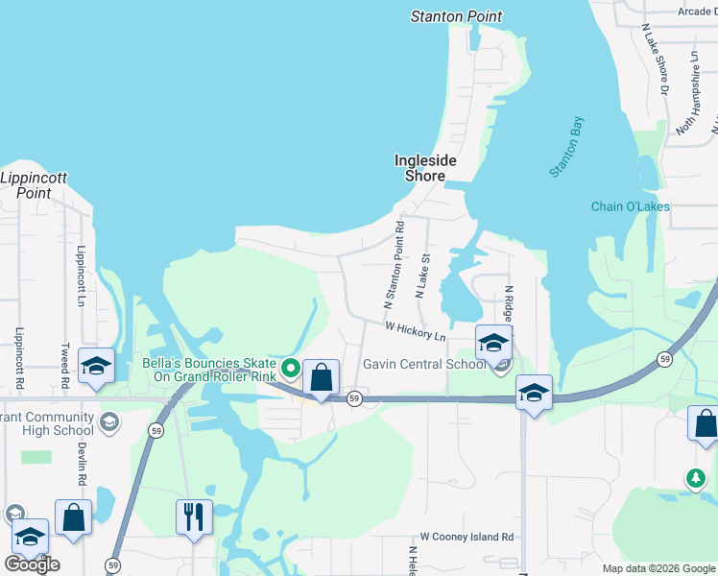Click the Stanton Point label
(x=456, y=16)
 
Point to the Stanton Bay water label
(x=566, y=147)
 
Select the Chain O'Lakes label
(x=630, y=206)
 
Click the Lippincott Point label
(x=26, y=185)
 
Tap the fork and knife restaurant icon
(x=195, y=516)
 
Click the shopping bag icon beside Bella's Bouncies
(x=322, y=376)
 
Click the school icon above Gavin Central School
(x=493, y=343)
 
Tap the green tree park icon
(x=695, y=477)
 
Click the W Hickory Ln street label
(x=416, y=331)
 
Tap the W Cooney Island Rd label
(x=467, y=537)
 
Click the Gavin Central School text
(x=424, y=365)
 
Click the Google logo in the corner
(x=32, y=564)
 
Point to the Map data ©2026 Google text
(x=658, y=568)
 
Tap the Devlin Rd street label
(x=83, y=465)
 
